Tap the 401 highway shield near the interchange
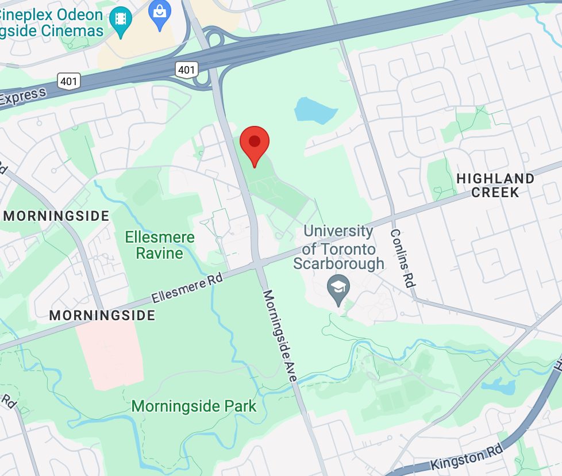(186, 70)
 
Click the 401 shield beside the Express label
(68, 81)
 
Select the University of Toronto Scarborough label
(339, 248)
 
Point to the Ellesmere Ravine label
(160, 245)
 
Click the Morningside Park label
(194, 406)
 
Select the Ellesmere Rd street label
(187, 289)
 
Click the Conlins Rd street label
(402, 258)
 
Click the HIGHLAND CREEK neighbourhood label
(495, 185)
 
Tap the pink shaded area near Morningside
(110, 351)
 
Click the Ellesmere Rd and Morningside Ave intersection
(256, 266)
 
